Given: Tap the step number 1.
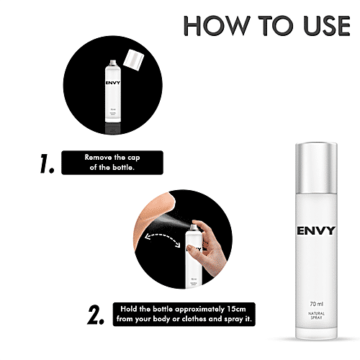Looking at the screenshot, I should point(45,164).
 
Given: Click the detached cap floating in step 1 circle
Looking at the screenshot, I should point(132,58).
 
